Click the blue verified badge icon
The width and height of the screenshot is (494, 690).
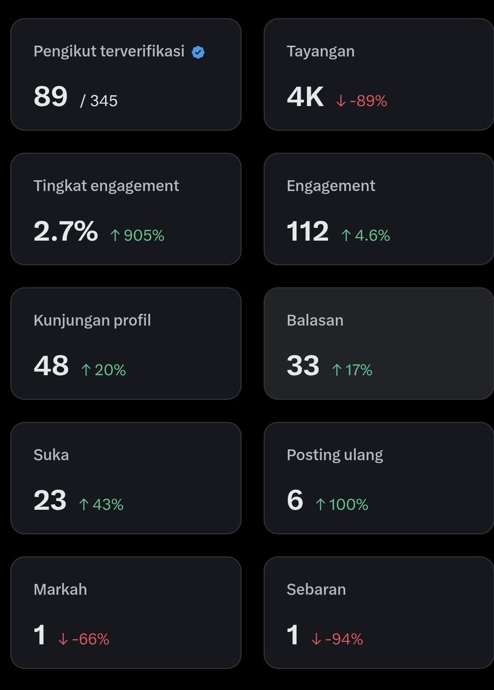click(x=198, y=52)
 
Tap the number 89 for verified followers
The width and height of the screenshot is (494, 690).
click(x=51, y=96)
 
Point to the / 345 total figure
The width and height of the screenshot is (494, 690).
click(x=99, y=101)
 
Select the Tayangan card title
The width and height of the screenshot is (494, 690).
click(x=320, y=52)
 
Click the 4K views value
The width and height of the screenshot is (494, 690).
click(x=305, y=96)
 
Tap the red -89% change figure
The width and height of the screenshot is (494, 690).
click(x=362, y=101)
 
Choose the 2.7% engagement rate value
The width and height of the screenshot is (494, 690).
click(x=66, y=231)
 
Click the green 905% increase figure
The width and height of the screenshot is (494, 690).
click(x=137, y=235)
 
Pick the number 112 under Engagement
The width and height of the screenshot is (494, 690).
click(x=307, y=231)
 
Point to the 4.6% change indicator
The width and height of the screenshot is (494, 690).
click(x=366, y=235)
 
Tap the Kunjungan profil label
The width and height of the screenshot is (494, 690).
click(x=92, y=321)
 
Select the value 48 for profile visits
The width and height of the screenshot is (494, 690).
click(x=51, y=365)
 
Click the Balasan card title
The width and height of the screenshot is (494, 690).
click(x=315, y=320)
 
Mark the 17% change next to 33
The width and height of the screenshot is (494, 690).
click(x=352, y=370)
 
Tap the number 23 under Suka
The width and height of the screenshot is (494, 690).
click(x=50, y=500)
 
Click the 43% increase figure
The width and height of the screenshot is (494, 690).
click(x=101, y=505)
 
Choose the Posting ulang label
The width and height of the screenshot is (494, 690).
click(x=335, y=455)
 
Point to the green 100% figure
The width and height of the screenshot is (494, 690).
click(x=342, y=505)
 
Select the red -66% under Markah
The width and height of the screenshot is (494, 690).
click(x=84, y=639)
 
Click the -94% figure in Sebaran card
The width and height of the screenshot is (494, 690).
click(x=338, y=639)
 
